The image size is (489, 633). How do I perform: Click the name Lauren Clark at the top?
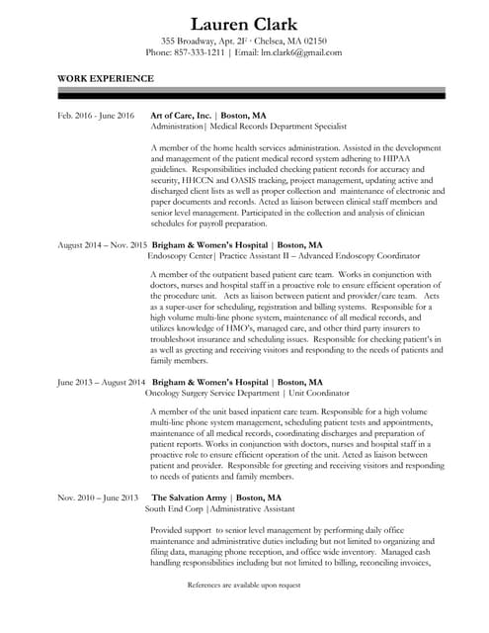[x=244, y=24]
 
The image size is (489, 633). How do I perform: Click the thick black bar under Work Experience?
[x=251, y=95]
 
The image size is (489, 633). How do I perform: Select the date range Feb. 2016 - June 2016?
[x=96, y=116]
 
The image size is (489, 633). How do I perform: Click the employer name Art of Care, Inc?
[x=180, y=116]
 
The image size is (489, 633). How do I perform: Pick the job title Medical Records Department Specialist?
[x=275, y=128]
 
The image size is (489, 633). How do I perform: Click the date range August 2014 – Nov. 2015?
[x=102, y=244]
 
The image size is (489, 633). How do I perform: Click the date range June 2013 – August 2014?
[x=102, y=381]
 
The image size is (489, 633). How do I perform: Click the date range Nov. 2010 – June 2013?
[x=98, y=497]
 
